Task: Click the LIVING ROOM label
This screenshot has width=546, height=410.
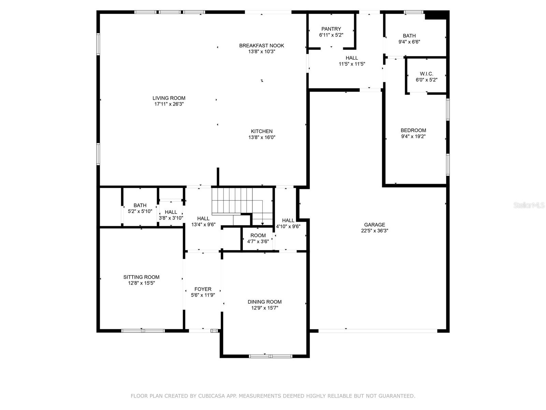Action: click(169, 98)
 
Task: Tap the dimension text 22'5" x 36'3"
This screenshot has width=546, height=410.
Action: click(374, 231)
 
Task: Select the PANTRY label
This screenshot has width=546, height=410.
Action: click(331, 29)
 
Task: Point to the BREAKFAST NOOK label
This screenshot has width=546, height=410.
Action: click(261, 45)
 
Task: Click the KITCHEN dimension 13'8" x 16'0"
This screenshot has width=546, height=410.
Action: click(262, 137)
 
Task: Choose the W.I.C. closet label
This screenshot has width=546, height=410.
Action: click(426, 74)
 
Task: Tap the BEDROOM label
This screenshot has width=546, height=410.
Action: click(413, 130)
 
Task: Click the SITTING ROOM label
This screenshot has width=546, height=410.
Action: click(141, 277)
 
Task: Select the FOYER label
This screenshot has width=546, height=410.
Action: click(203, 289)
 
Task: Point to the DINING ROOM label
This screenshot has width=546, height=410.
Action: click(264, 302)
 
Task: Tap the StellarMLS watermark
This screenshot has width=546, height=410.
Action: click(529, 205)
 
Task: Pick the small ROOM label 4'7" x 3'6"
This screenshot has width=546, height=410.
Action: click(258, 235)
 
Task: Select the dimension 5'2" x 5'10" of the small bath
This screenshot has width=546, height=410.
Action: click(140, 211)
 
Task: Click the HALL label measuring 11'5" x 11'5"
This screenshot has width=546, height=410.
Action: click(352, 58)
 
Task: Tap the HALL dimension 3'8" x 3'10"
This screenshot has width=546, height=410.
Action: click(171, 218)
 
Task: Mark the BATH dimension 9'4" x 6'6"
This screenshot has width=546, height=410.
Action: click(409, 42)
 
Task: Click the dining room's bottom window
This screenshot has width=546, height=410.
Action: click(271, 356)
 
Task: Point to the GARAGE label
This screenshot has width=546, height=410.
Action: click(374, 225)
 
